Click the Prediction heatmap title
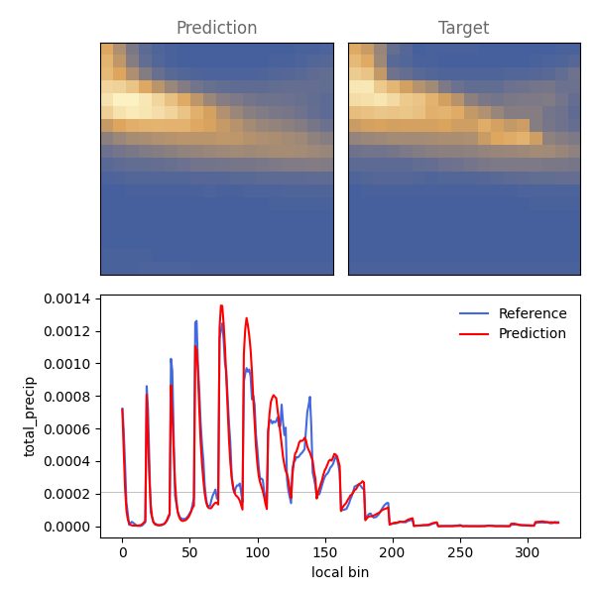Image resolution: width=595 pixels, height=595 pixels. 216,28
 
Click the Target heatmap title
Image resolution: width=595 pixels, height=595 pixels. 464,28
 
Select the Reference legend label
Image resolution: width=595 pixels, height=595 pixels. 533,313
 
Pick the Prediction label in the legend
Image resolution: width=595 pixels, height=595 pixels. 533,333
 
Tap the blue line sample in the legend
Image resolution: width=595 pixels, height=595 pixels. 474,313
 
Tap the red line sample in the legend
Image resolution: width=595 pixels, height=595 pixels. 474,334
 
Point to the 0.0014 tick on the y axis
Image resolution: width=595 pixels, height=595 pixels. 67,299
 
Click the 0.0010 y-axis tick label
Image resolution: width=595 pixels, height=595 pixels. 67,364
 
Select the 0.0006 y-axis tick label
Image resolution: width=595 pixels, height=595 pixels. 67,429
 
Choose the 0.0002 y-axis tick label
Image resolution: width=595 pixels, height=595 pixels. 67,494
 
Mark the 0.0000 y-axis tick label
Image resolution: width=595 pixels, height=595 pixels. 67,527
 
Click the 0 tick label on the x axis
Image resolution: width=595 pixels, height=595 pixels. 123,552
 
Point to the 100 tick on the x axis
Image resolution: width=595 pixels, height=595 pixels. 258,552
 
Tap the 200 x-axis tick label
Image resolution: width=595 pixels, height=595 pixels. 393,552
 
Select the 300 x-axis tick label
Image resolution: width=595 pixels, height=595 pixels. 528,552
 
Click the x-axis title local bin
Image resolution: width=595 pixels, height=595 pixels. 340,572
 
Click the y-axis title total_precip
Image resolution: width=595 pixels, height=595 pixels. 29,416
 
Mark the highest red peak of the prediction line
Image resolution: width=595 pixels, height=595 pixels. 221,305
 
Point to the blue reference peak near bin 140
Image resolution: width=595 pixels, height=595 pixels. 310,398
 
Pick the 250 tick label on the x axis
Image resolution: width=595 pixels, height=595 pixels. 460,552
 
